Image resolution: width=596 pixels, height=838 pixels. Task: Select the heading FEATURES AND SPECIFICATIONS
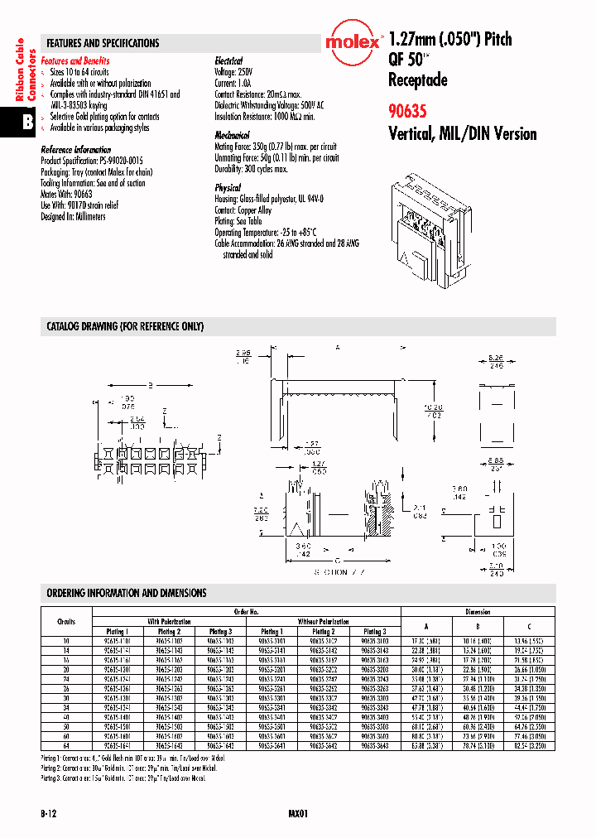pos(103,43)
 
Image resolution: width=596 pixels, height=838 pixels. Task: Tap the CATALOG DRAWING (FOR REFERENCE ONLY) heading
pos(125,327)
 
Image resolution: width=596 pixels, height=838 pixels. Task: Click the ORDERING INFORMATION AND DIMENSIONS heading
pos(127,593)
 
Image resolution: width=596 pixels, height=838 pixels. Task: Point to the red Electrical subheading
pos(228,61)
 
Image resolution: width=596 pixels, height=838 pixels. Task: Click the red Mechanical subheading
pos(232,134)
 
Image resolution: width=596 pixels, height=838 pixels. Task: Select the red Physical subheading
pos(228,188)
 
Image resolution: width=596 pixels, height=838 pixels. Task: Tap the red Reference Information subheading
pos(75,150)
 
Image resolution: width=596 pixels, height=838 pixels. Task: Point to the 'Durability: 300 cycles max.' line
pos(251,169)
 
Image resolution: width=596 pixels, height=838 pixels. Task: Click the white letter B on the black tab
pos(26,122)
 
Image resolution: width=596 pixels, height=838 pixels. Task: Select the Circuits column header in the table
pos(66,621)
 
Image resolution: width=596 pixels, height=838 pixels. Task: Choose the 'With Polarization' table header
pos(170,621)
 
